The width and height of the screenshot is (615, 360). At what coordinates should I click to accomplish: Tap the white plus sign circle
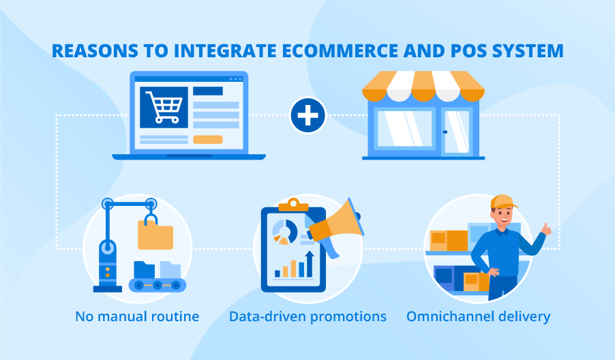(x=307, y=116)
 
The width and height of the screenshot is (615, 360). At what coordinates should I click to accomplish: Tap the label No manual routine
(x=136, y=316)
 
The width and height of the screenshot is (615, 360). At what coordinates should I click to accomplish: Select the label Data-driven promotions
(x=307, y=316)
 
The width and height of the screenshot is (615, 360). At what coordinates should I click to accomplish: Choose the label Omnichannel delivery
(x=478, y=316)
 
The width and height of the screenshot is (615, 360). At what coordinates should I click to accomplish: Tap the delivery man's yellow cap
(x=503, y=202)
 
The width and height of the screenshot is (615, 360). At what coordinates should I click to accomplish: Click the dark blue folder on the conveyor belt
(x=145, y=270)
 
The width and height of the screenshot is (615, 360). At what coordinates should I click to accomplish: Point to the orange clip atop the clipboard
(x=293, y=203)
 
